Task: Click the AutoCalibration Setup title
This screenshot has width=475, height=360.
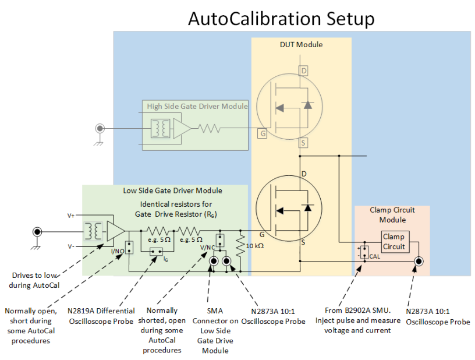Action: point(281,19)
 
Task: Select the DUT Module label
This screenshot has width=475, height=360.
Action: point(301,45)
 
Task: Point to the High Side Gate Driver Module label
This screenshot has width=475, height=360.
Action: point(197,106)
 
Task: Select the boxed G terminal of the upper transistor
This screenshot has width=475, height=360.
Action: point(263,133)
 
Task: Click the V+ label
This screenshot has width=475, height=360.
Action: point(72,216)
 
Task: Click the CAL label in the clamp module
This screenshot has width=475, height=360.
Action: point(374,256)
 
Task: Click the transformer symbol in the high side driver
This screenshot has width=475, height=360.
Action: point(159,128)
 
